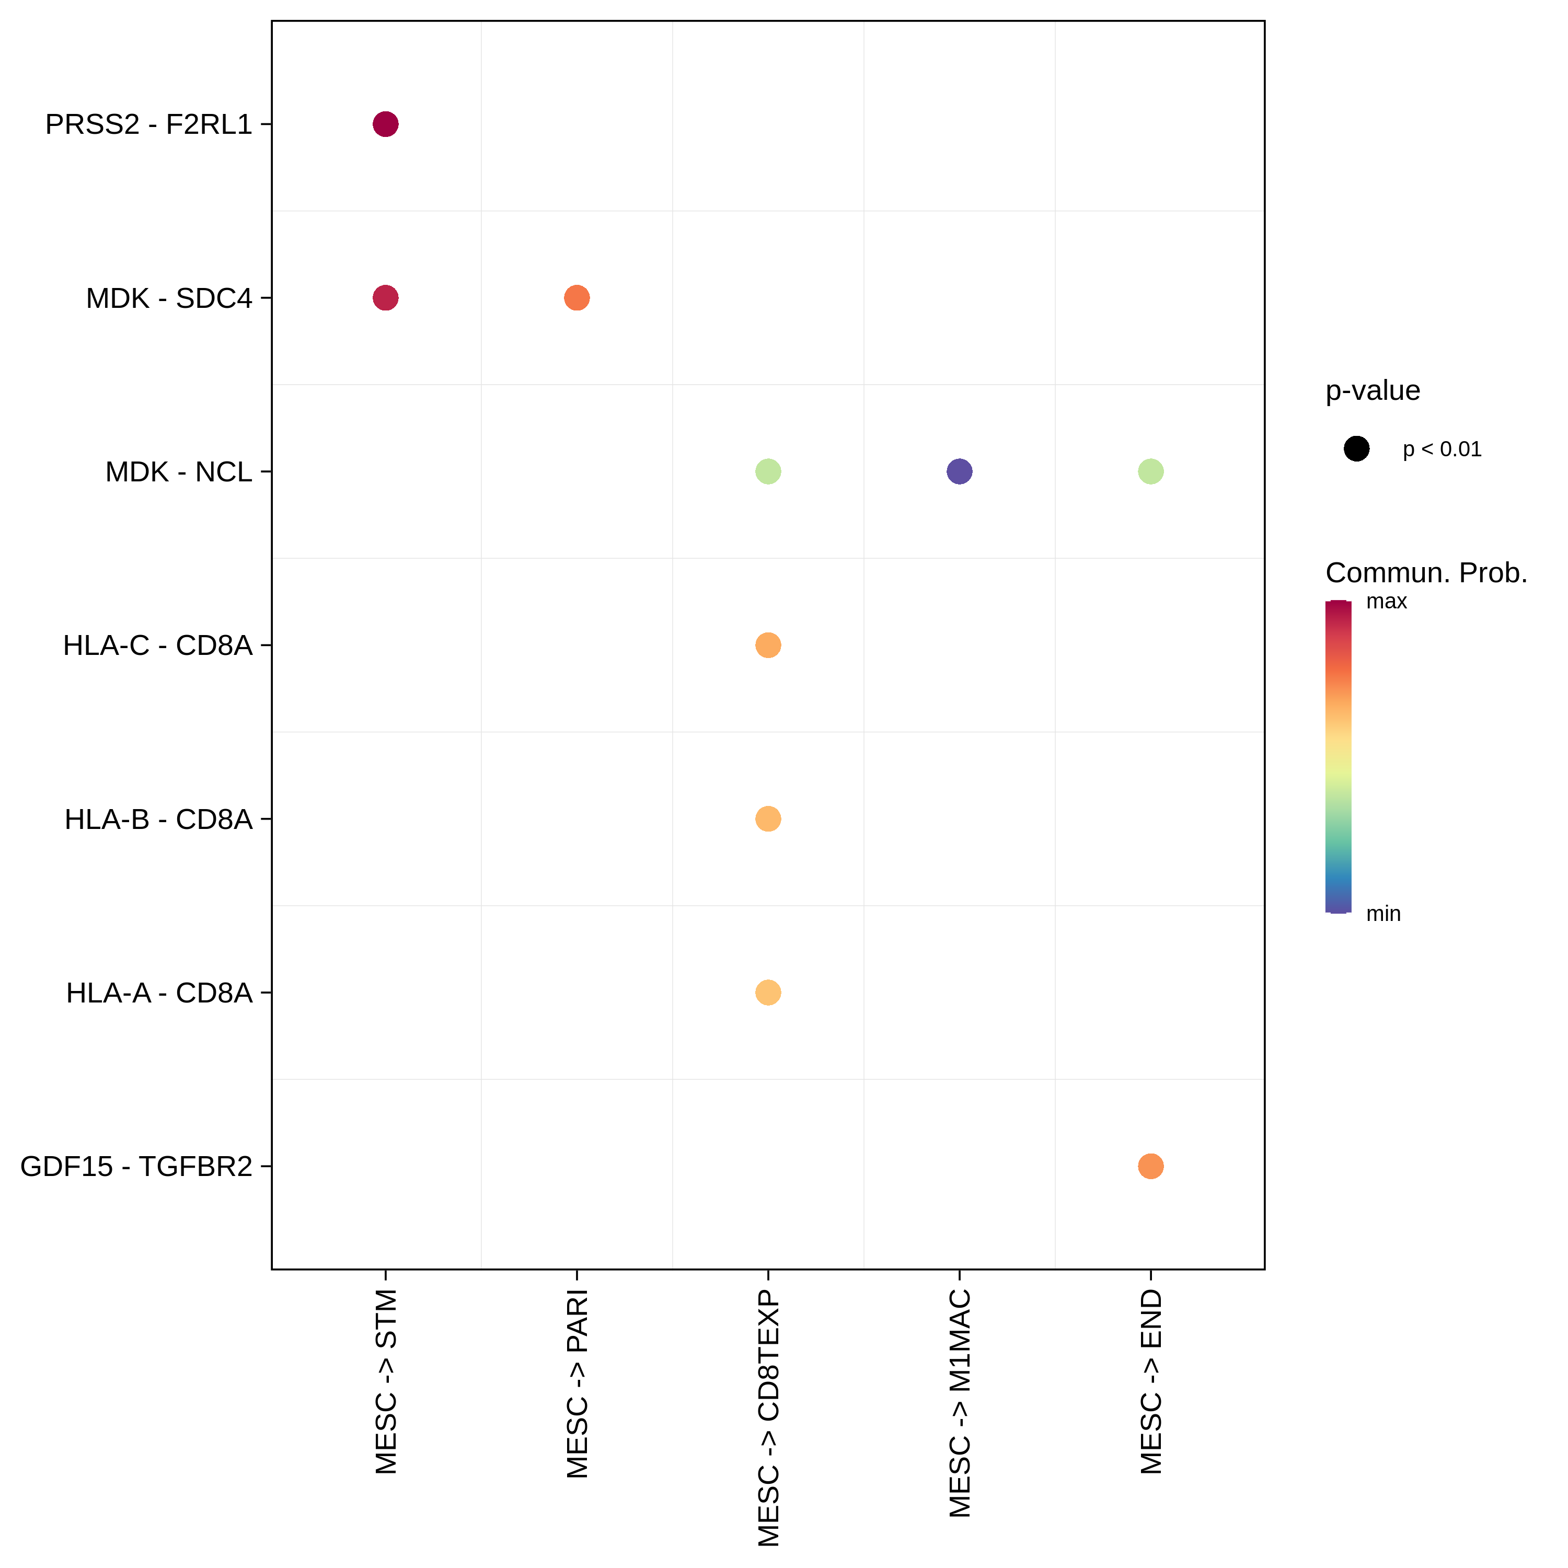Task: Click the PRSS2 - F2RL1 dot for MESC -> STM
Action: point(386,124)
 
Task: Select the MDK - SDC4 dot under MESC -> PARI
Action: point(576,298)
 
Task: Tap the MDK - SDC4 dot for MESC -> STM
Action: point(386,298)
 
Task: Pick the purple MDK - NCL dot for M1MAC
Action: point(959,471)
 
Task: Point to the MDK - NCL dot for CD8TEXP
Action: point(768,471)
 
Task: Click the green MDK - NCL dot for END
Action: point(1150,471)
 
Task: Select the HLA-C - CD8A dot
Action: point(768,645)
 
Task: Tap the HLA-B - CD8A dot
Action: point(768,819)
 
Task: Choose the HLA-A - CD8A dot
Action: point(768,993)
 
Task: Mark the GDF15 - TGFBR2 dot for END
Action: point(1150,1166)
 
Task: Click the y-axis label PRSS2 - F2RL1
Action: point(148,124)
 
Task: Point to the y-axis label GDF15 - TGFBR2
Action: point(136,1166)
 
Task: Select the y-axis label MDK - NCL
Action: point(179,471)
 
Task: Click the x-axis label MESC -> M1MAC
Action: point(959,1404)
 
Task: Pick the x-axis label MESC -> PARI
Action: point(576,1385)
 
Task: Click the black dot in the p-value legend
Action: point(1356,449)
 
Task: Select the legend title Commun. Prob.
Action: point(1426,573)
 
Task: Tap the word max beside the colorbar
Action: point(1386,602)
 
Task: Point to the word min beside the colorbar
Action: point(1383,914)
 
